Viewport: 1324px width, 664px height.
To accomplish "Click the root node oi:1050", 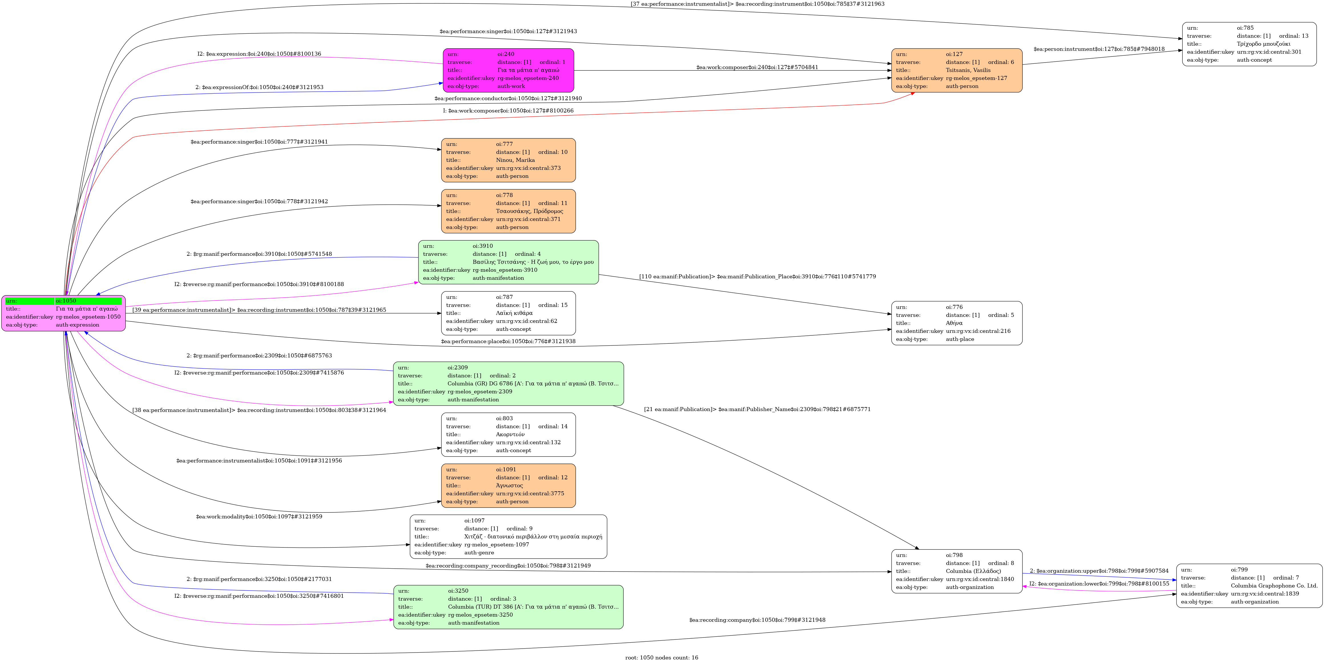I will click(63, 313).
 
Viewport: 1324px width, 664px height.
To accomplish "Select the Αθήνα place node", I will click(957, 323).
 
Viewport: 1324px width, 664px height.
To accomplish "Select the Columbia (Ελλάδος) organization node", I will click(957, 571).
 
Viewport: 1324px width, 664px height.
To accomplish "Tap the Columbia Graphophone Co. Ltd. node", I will click(1249, 585).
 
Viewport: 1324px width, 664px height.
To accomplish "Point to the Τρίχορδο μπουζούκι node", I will click(1249, 44).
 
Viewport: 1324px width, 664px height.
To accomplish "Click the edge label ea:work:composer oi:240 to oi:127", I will click(757, 67).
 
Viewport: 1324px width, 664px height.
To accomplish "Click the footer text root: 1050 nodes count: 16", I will click(662, 657).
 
